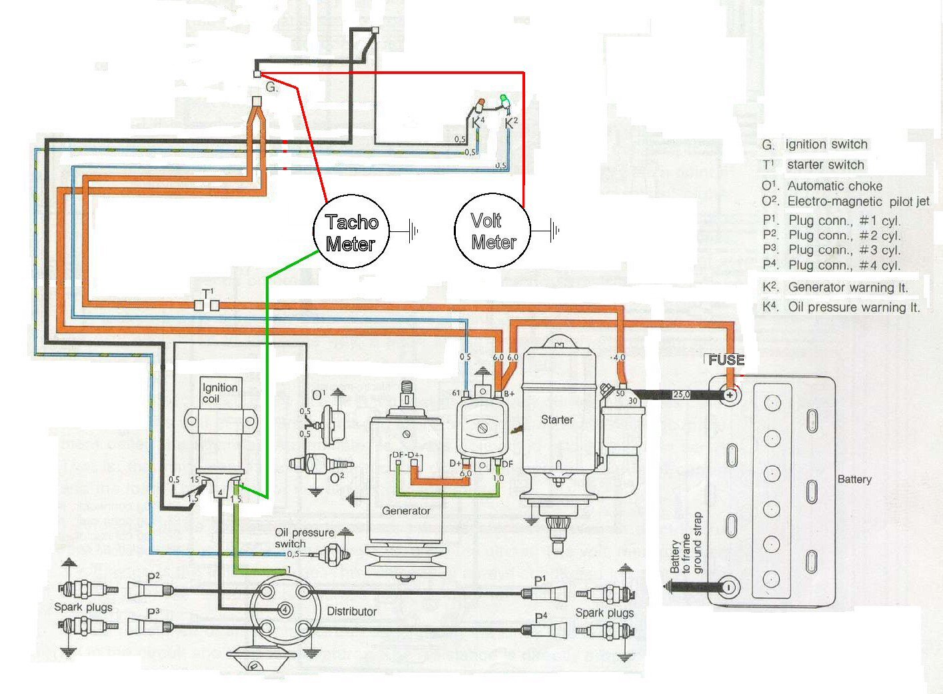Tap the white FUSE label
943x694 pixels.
(726, 360)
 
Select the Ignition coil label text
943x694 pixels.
(219, 393)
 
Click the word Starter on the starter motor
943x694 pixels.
(556, 419)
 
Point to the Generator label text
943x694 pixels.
(406, 511)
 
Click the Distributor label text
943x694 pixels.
(351, 611)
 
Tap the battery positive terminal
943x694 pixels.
(731, 395)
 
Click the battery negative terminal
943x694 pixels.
(729, 587)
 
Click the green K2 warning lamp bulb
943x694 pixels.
(504, 101)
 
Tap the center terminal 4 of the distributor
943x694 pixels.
(285, 609)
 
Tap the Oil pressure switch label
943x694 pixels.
(304, 538)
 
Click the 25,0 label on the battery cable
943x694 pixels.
(680, 395)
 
